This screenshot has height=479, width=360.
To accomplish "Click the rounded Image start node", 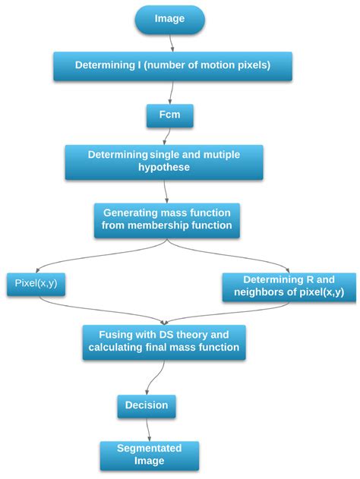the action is coord(169,19).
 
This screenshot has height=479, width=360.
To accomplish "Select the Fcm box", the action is coord(169,115).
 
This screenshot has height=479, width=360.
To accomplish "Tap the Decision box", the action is coord(147,406).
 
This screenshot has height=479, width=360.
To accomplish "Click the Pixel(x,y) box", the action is coord(36,284).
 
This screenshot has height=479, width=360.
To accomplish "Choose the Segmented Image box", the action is coord(150,455).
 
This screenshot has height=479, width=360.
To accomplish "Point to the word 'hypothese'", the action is coord(164,167).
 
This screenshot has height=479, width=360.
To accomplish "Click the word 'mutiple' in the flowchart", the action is coord(222,155).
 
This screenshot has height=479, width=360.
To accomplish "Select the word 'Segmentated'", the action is coord(149,448).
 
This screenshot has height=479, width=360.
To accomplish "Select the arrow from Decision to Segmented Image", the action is coord(148,430).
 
